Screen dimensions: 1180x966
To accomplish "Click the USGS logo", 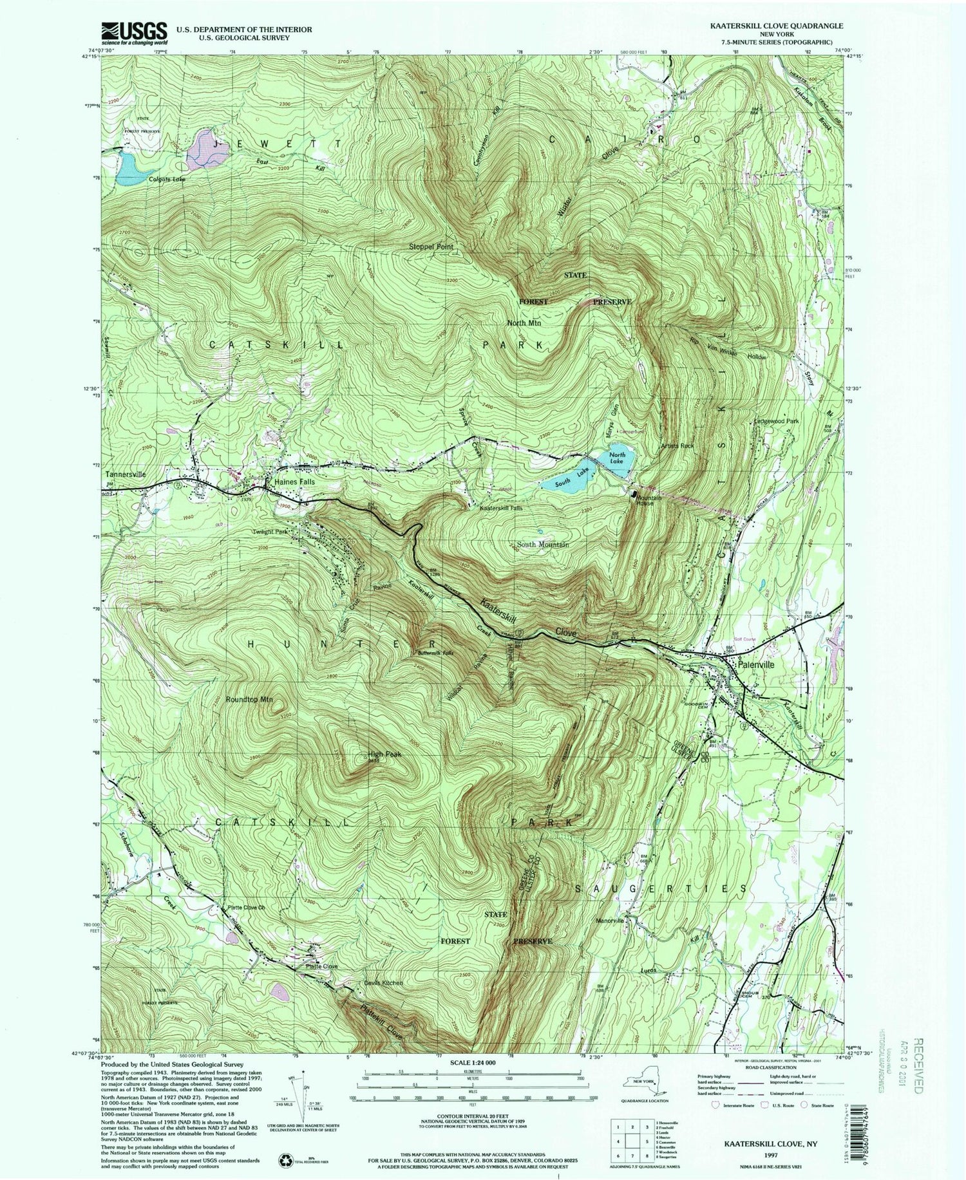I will tap(134, 32).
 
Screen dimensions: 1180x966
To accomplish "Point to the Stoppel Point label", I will tap(431, 247).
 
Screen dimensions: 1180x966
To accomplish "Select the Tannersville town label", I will tap(126, 474).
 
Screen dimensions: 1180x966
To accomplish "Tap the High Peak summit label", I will tap(385, 754).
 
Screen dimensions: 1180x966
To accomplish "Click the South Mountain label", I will tap(542, 545).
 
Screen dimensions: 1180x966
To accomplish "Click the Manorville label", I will tap(610, 921).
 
